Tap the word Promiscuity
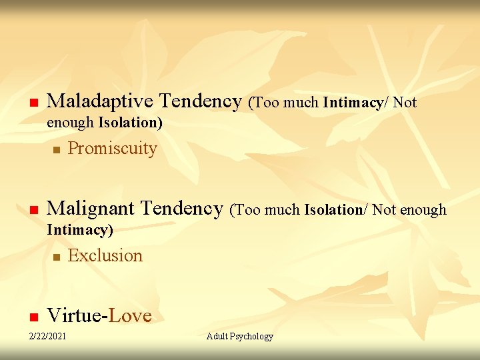(x=112, y=148)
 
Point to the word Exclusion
(x=105, y=255)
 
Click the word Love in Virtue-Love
(x=130, y=315)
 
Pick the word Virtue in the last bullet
(x=75, y=315)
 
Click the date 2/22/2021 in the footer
(x=47, y=336)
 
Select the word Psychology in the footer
(x=252, y=336)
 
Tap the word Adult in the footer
(x=217, y=336)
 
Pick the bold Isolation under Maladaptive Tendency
(x=129, y=123)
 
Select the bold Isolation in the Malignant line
(x=333, y=210)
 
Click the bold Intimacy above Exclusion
(x=79, y=231)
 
